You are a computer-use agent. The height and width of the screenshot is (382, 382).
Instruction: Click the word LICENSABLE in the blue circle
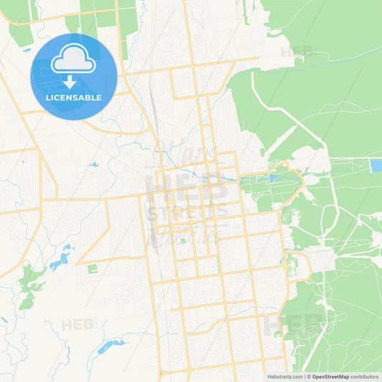tap(74, 97)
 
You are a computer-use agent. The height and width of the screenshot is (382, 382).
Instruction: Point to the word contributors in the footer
tap(366, 376)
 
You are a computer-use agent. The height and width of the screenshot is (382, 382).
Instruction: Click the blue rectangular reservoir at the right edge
tap(376, 166)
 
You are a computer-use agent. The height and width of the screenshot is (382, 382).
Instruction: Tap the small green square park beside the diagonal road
tap(92, 268)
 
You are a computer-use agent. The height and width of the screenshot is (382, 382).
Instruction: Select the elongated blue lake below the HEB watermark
tap(111, 347)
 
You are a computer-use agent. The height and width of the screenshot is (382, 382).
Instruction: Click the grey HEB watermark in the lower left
tap(77, 325)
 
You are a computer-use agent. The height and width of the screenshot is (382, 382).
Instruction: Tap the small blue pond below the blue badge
tap(94, 165)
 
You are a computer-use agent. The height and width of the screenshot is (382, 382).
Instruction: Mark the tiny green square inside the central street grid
tap(182, 241)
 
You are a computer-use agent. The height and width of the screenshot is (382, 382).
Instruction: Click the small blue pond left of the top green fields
tap(27, 50)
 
